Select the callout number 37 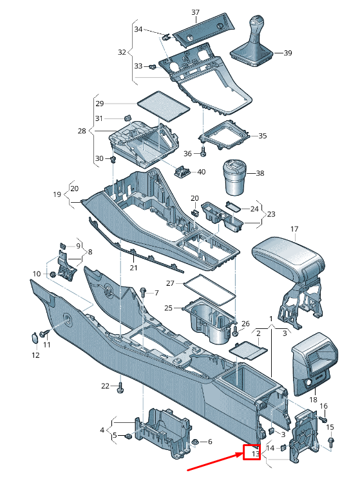(x=195, y=12)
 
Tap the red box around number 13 (x=251, y=453)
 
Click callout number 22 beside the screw (x=106, y=386)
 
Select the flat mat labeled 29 (x=163, y=106)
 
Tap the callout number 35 (x=263, y=136)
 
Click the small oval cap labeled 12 (x=35, y=337)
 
